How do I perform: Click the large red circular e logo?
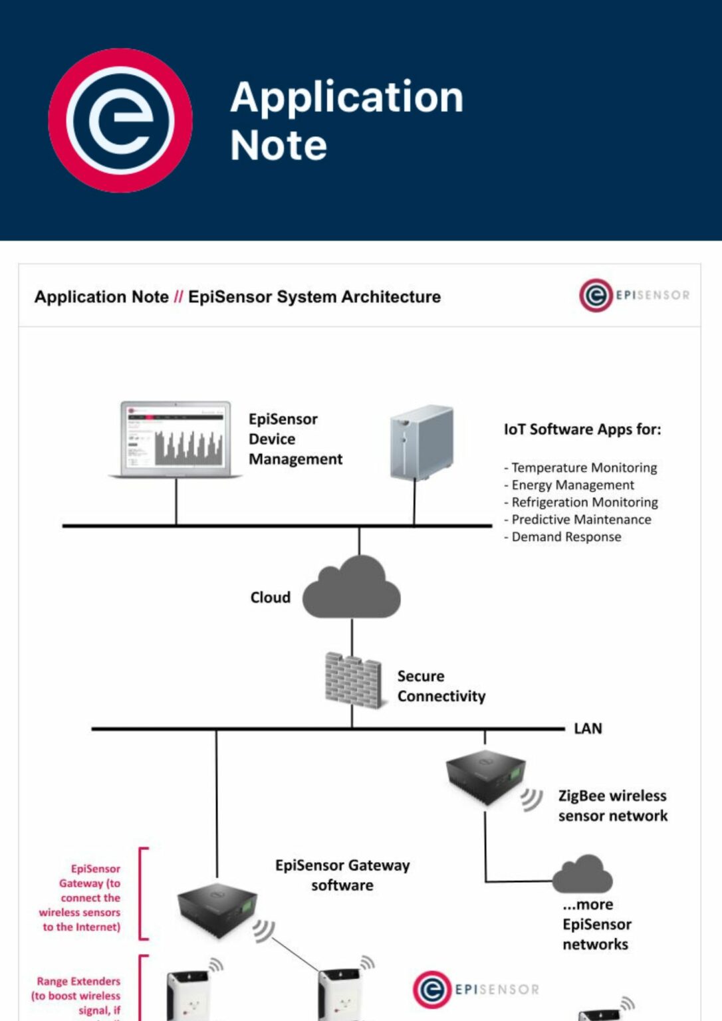coord(120,120)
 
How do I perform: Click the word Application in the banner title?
coord(346,98)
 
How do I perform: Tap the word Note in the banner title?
coord(279,146)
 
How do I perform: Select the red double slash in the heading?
coord(178,297)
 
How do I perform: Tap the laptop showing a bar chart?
coord(176,438)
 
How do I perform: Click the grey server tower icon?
coord(421,442)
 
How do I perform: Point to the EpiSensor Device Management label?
coord(295,439)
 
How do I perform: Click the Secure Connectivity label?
coord(441,686)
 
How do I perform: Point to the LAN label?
coord(588,729)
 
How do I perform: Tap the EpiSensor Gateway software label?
coord(342,875)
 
